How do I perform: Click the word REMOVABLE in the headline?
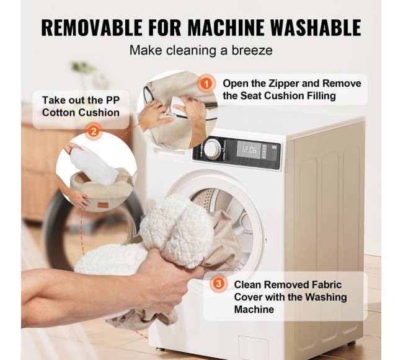click(x=92, y=27)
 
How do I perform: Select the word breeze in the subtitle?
click(x=252, y=50)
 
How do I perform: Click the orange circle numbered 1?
click(x=206, y=84)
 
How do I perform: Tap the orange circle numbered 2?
click(x=94, y=132)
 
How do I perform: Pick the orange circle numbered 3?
click(x=218, y=284)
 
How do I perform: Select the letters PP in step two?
click(x=113, y=100)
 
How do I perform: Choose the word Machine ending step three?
click(x=254, y=309)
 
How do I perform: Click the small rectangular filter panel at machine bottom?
click(x=254, y=347)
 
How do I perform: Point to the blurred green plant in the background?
click(x=82, y=68)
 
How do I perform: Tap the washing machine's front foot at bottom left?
click(x=159, y=349)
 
